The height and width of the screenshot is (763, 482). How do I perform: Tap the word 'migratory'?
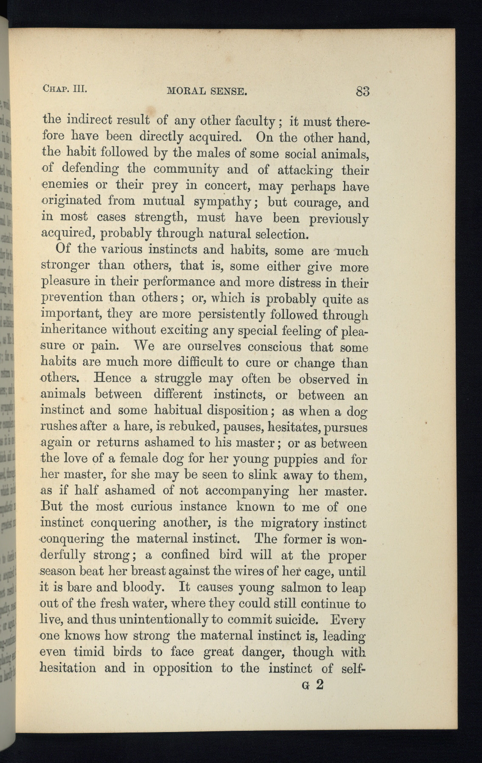(x=289, y=523)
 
